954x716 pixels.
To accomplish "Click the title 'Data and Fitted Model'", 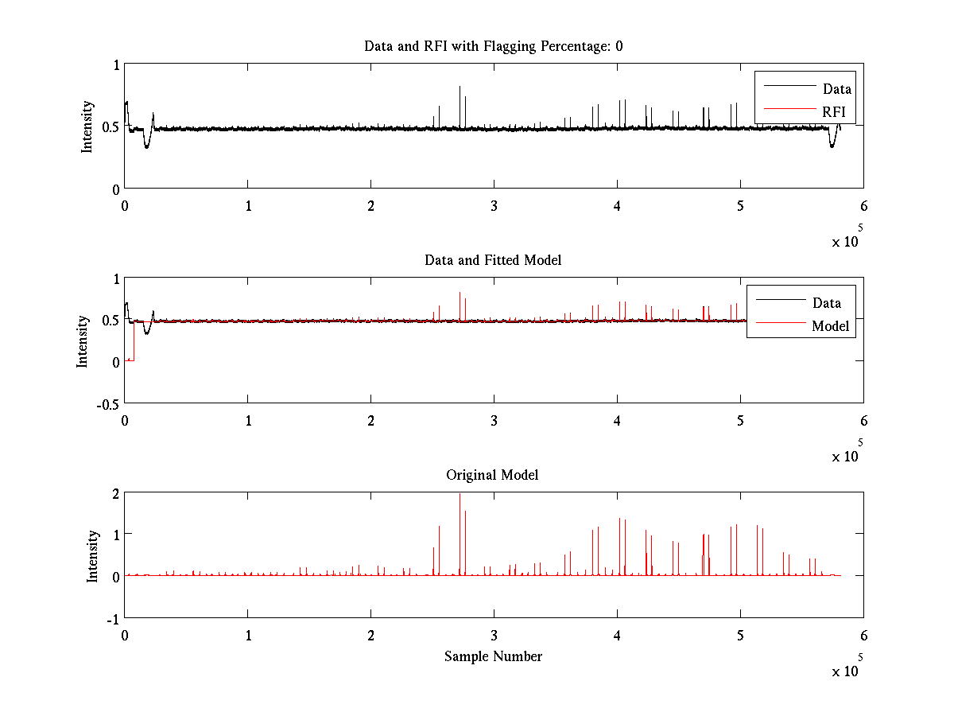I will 493,260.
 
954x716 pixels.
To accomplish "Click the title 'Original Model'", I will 492,475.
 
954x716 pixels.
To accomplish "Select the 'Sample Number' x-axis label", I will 493,656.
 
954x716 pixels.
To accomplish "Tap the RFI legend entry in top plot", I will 833,111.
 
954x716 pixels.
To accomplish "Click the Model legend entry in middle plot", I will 830,325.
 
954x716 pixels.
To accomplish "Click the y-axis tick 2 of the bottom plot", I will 114,493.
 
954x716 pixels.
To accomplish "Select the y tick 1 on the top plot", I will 115,65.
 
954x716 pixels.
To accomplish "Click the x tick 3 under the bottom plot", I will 494,635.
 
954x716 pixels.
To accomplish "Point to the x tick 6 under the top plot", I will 863,205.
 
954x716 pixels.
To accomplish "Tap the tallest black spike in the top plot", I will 460,88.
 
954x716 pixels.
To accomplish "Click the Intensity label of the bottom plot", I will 92,556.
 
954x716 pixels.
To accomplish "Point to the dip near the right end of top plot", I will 832,144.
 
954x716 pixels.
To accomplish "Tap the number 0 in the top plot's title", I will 619,46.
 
